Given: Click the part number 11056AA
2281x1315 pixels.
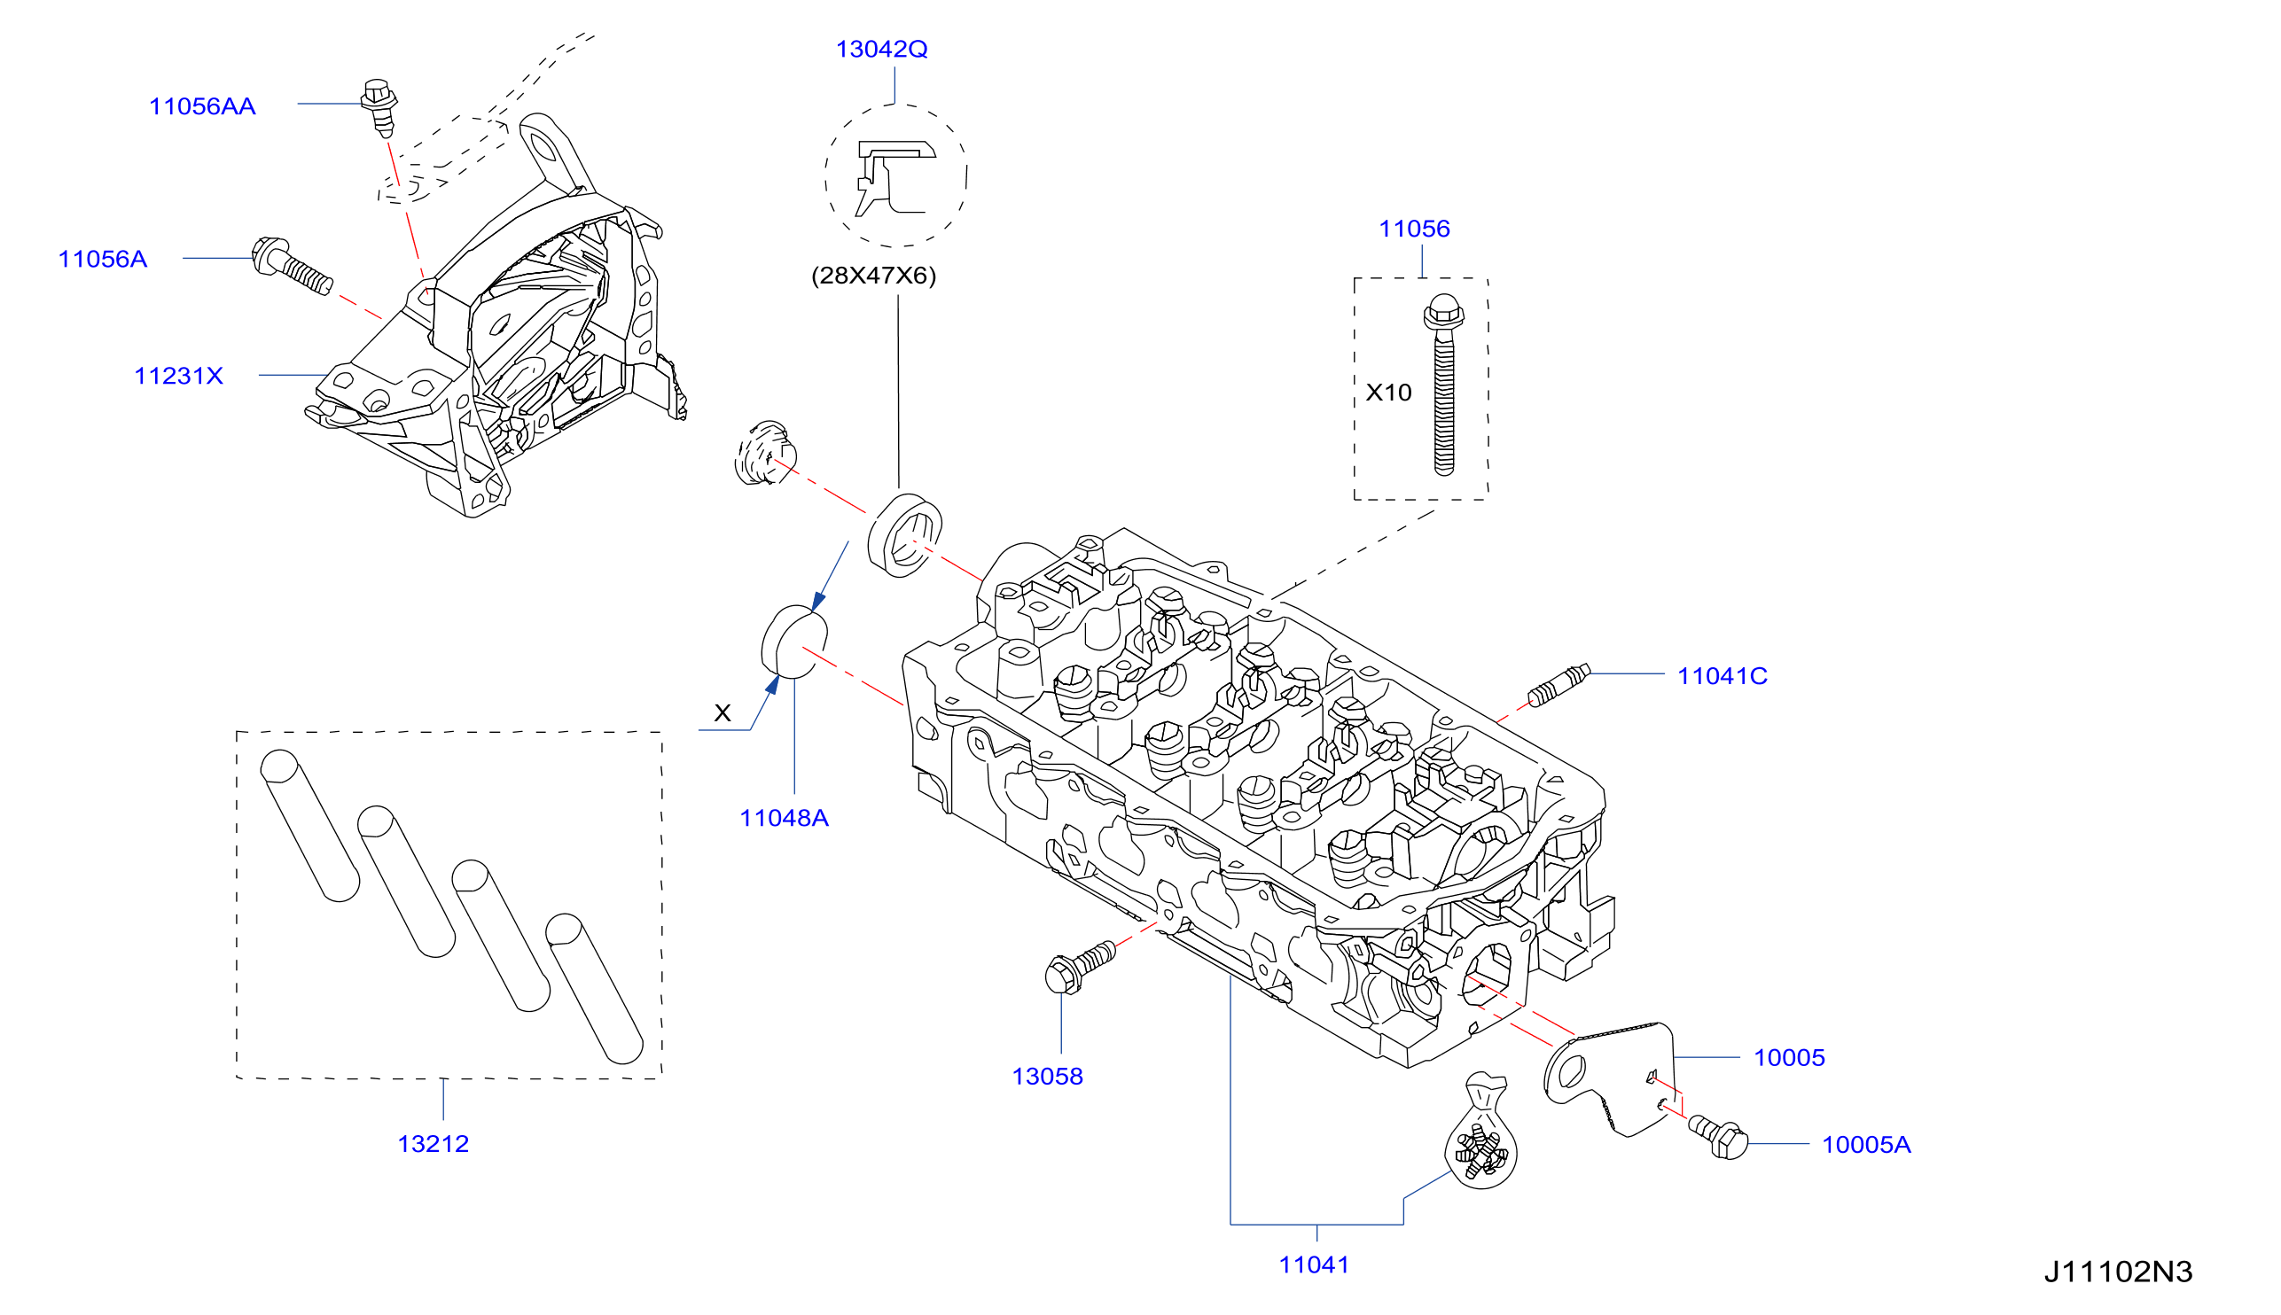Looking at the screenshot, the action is point(202,106).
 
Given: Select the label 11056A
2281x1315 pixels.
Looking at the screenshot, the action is point(103,260).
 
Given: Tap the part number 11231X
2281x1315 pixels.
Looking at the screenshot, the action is point(179,376).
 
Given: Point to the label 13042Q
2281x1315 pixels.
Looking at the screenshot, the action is point(882,49).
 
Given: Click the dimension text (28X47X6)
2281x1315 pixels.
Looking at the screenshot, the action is point(873,276).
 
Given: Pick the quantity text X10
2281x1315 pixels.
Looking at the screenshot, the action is point(1388,393).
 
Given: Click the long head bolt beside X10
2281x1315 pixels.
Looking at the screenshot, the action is point(1443,385).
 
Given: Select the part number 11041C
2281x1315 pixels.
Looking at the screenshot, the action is point(1722,676).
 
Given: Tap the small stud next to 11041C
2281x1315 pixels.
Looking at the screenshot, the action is point(1558,686).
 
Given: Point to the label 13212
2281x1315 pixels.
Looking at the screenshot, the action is point(434,1144).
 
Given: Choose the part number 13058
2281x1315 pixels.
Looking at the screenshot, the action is point(1047,1077).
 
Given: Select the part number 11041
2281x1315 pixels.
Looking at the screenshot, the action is point(1315,1265).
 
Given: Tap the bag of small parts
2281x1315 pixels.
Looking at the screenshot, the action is point(1480,1132).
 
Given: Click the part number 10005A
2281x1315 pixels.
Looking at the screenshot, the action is point(1866,1145).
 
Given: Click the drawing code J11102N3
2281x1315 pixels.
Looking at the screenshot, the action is point(2119,1272).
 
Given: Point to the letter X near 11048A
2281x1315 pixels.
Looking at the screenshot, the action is point(723,713).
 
